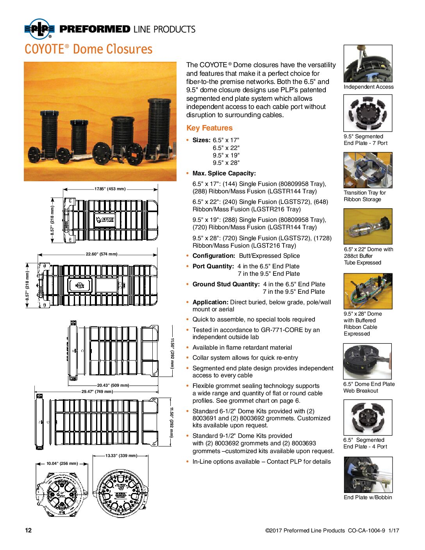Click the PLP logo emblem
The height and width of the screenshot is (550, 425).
(39, 29)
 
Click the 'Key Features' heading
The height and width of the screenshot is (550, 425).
(209, 128)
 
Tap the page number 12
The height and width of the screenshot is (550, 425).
(28, 530)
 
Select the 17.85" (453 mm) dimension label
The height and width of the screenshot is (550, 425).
(110, 189)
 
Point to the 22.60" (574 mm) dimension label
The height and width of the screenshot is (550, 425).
(102, 254)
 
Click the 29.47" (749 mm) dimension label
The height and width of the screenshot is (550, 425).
(97, 391)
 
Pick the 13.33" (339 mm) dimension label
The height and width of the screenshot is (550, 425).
(121, 455)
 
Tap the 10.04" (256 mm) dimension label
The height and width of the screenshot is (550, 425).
(62, 464)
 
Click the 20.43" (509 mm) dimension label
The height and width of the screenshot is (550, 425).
(113, 386)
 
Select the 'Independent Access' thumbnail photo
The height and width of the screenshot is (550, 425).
(368, 64)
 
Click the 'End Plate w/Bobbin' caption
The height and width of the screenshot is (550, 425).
(368, 497)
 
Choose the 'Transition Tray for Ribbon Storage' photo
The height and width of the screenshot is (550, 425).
(368, 170)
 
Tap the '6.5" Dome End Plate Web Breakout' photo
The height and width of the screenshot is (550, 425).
(367, 362)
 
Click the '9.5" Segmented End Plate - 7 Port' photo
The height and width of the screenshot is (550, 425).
(368, 113)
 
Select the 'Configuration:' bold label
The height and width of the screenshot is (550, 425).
(214, 256)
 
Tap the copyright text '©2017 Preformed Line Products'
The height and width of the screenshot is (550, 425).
(305, 530)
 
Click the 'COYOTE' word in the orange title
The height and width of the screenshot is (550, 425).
(44, 50)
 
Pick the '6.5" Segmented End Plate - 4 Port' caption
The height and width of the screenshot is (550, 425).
(365, 443)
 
